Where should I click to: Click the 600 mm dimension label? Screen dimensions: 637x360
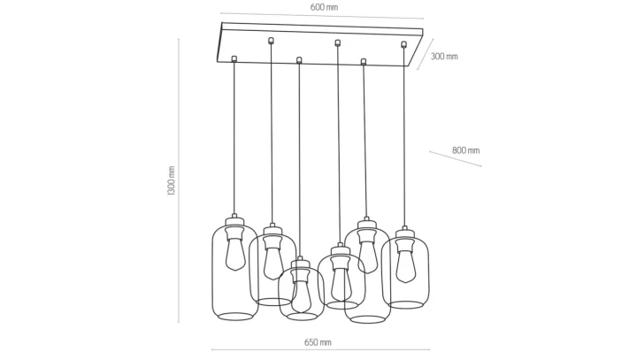click(x=324, y=7)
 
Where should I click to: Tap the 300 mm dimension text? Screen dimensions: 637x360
click(x=444, y=57)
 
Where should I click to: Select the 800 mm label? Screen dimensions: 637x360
click(x=466, y=150)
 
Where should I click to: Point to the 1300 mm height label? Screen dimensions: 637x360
click(x=171, y=180)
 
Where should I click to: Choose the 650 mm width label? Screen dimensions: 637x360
click(x=318, y=342)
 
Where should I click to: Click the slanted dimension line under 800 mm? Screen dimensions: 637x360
click(x=456, y=158)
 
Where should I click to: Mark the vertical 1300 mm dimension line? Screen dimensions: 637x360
click(x=179, y=180)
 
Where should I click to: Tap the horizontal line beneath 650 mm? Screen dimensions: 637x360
click(x=320, y=349)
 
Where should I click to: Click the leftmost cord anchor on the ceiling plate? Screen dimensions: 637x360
click(x=234, y=59)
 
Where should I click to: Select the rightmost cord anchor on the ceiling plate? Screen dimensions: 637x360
click(x=403, y=44)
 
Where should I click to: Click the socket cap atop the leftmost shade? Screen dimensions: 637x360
click(x=234, y=220)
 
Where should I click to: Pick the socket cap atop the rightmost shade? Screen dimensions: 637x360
click(x=404, y=232)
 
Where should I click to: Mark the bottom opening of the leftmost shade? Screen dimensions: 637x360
click(x=235, y=316)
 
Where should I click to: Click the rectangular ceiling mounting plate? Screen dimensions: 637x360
click(x=321, y=44)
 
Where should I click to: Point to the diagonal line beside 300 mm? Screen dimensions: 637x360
click(x=425, y=55)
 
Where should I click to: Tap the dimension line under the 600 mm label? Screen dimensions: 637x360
click(x=322, y=16)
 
